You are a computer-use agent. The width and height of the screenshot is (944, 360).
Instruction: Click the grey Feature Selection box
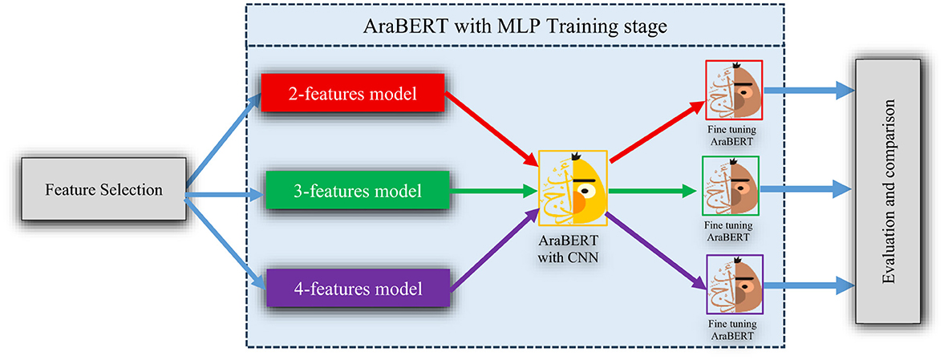click(x=103, y=191)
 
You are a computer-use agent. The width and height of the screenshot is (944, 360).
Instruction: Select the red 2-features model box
click(x=353, y=95)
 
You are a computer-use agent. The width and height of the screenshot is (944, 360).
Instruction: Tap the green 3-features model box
click(x=353, y=192)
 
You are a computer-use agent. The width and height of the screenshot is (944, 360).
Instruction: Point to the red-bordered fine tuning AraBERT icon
click(x=733, y=89)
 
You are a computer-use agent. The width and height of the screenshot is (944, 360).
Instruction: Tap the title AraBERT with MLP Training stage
click(x=513, y=26)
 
